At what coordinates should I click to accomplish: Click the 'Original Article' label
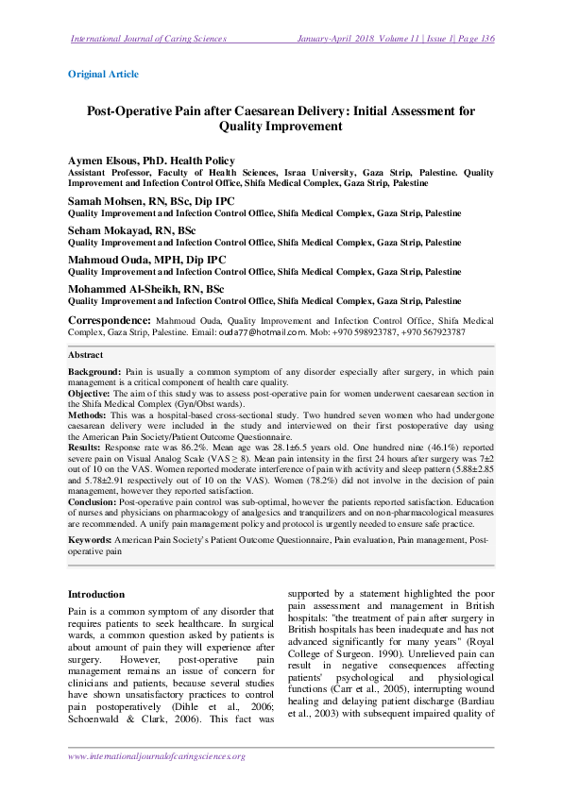click(x=104, y=74)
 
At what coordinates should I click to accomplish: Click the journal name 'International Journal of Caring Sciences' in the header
click(x=148, y=39)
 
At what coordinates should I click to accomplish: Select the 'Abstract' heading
click(x=86, y=355)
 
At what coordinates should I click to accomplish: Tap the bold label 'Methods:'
click(x=88, y=413)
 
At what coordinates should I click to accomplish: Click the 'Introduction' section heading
click(x=96, y=594)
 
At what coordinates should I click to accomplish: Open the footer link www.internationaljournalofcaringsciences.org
click(x=157, y=756)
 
